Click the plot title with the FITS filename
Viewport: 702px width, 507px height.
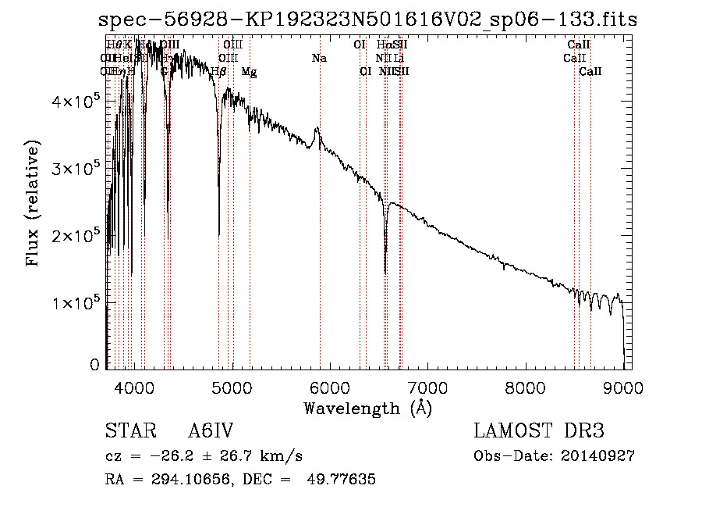368,20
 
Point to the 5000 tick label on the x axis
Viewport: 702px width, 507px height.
231,387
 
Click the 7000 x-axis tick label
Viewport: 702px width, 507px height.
427,387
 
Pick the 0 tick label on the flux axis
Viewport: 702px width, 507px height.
95,365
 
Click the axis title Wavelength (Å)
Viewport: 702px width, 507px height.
367,408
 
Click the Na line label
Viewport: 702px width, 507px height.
318,58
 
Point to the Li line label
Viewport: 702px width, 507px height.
399,58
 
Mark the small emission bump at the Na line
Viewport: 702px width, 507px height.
317,129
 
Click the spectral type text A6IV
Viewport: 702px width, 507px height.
211,431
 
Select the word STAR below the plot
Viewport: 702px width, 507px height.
125,431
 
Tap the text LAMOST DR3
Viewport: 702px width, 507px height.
539,431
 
